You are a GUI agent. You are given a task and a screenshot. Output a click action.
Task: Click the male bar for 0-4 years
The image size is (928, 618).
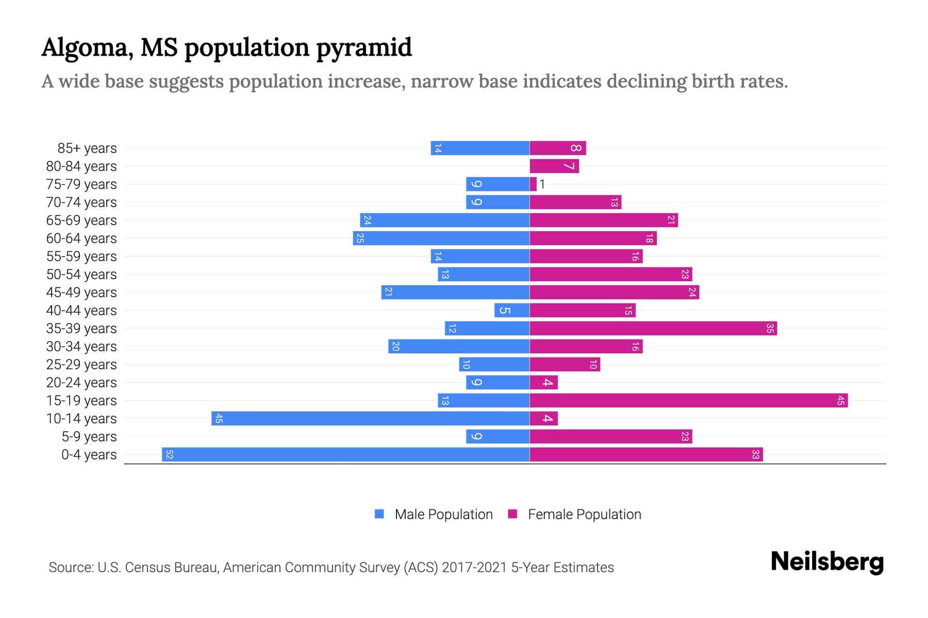tap(345, 455)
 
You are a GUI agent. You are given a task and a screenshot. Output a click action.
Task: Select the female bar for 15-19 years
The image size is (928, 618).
tap(688, 401)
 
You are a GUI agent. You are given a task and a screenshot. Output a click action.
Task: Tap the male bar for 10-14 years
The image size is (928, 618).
tap(370, 419)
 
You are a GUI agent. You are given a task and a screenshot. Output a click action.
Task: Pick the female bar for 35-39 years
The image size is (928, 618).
tap(653, 329)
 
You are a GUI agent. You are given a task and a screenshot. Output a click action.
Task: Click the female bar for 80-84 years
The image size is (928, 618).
tap(554, 166)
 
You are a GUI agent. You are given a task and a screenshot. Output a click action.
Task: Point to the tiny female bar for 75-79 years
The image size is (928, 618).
tap(533, 184)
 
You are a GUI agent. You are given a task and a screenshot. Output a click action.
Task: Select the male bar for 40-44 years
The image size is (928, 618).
tap(512, 311)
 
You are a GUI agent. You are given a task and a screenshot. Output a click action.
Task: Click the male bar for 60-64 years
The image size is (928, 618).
tap(441, 238)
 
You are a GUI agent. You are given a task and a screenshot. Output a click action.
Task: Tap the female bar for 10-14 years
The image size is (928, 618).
tap(543, 419)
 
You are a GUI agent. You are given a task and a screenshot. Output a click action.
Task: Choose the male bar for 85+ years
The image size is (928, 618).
tap(480, 148)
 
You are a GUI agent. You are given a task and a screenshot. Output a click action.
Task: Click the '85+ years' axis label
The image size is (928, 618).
tap(87, 148)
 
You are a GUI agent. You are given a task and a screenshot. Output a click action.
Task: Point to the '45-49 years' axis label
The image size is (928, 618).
tap(81, 293)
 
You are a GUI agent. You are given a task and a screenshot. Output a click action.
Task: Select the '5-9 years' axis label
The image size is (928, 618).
tap(89, 437)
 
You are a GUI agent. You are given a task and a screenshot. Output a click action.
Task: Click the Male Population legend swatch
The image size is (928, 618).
tap(379, 514)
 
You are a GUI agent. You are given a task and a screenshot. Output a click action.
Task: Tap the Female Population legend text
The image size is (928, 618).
tap(584, 514)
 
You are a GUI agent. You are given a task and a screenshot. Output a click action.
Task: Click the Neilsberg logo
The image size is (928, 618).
tap(827, 562)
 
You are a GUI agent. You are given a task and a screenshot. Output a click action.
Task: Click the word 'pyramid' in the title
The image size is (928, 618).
tap(363, 48)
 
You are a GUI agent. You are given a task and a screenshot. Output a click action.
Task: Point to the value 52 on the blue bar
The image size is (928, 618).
tap(169, 455)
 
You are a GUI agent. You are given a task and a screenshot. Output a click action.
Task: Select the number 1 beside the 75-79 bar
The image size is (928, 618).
tap(542, 184)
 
